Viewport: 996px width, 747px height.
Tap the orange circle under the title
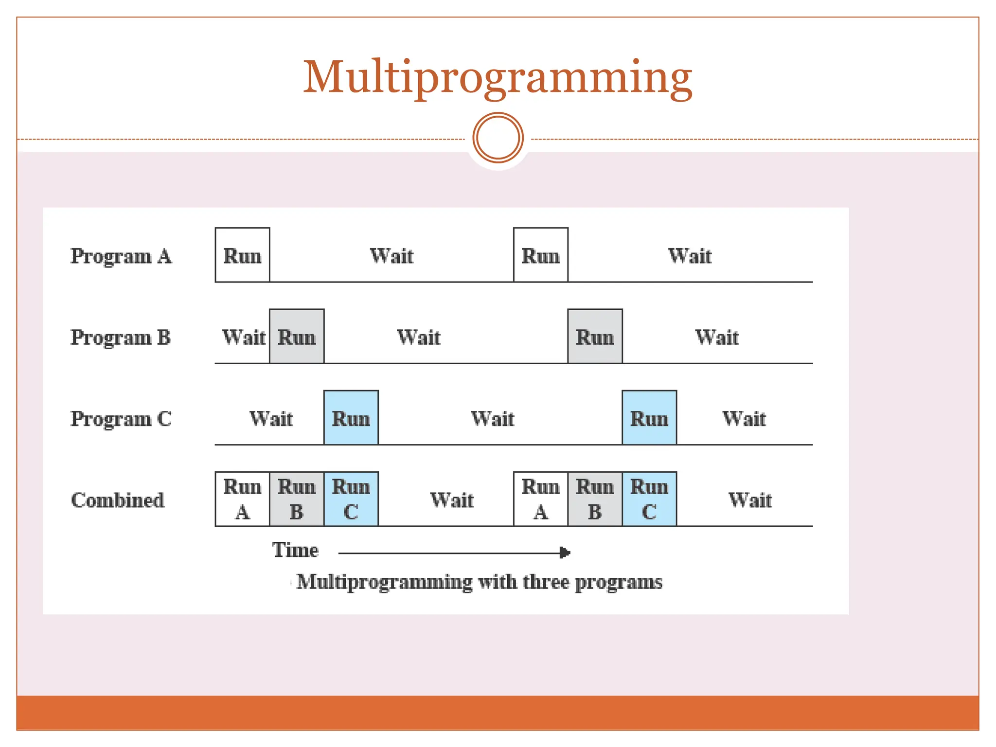coord(498,138)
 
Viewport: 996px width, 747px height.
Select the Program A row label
coord(121,256)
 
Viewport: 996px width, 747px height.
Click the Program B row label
coord(121,338)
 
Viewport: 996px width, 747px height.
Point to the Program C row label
coord(121,419)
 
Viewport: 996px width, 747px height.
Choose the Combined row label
coord(118,500)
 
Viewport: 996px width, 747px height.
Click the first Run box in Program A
coord(242,255)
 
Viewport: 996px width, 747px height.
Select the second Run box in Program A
coord(540,255)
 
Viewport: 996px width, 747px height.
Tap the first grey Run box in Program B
coord(297,336)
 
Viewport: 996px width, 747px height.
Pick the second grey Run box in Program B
coord(595,336)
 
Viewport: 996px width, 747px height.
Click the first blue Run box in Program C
coord(351,417)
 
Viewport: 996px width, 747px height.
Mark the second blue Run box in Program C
coord(649,417)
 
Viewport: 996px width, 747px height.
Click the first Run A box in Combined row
coord(242,499)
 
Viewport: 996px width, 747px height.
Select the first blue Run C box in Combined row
coord(351,499)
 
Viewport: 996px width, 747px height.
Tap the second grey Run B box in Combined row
coord(595,499)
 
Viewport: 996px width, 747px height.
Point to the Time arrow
coord(454,553)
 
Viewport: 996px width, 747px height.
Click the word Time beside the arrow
coord(295,550)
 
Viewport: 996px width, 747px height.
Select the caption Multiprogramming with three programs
coord(479,582)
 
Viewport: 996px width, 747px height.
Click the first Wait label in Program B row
coord(244,337)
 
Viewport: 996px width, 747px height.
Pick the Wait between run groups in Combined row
coord(452,500)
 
